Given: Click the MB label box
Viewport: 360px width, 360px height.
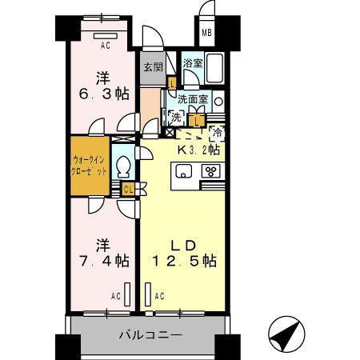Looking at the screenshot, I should pos(206,34).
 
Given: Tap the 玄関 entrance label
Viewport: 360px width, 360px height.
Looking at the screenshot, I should pos(153,67).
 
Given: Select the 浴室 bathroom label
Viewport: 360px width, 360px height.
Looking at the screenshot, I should pos(193,62).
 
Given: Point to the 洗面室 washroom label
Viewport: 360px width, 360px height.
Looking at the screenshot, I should pos(193,100).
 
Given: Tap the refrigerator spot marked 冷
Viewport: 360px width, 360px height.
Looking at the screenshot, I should pos(216,134).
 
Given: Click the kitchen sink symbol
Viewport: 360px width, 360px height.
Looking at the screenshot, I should pos(182,170).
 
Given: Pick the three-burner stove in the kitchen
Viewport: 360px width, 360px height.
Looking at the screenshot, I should pos(211,170).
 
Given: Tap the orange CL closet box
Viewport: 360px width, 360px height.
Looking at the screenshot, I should pos(127,189).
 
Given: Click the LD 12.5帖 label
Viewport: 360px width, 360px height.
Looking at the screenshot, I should pos(185,252).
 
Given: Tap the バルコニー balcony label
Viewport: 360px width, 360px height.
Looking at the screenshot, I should pos(152,334).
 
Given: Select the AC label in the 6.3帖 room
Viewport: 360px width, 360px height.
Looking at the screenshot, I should pos(105,46).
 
